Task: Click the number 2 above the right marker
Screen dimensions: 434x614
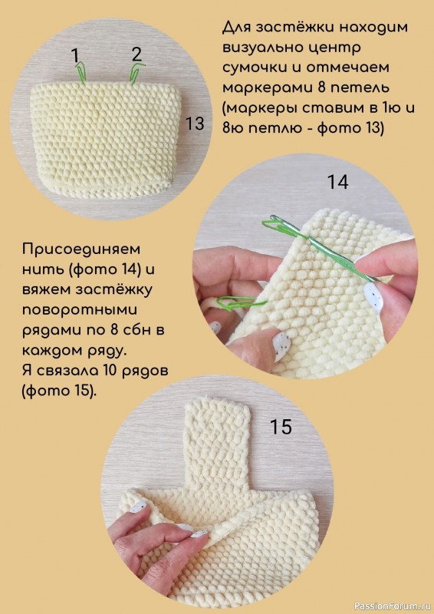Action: (x=136, y=54)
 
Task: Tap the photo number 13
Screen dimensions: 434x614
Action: (x=195, y=124)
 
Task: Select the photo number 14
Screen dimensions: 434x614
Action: (x=337, y=182)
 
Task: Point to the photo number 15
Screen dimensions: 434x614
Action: (x=281, y=427)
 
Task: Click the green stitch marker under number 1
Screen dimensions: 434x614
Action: (x=81, y=72)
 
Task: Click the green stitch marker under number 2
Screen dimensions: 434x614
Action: (x=135, y=73)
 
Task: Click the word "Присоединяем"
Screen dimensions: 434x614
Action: (x=81, y=249)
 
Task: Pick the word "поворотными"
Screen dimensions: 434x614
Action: (x=80, y=310)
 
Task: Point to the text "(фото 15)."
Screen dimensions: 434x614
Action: (x=59, y=391)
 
